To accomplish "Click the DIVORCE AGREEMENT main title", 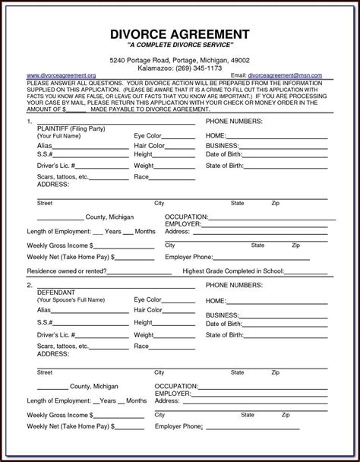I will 180,33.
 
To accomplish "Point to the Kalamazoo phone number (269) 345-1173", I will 180,68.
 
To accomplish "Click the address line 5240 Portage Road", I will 180,59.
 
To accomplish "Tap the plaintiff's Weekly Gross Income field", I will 121,246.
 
